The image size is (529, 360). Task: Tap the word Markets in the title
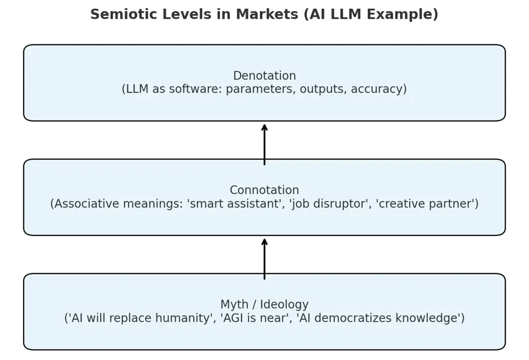(267, 15)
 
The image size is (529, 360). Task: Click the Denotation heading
(264, 76)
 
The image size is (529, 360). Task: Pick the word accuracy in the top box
(377, 90)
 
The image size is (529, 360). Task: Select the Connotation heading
(264, 190)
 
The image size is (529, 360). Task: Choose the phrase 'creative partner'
(425, 204)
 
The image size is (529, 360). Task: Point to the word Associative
(85, 204)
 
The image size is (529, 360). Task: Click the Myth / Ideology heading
(264, 305)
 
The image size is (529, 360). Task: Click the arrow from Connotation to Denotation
(264, 144)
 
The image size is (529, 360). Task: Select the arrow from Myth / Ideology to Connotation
(264, 259)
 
